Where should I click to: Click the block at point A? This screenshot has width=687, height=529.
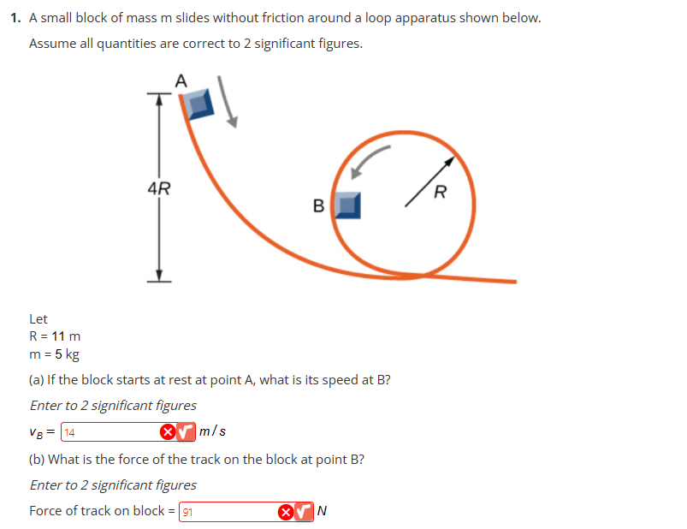tap(199, 104)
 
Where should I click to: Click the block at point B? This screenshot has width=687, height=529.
tap(346, 205)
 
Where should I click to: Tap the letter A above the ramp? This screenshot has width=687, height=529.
tap(180, 80)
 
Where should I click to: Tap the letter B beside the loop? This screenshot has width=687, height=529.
tap(319, 205)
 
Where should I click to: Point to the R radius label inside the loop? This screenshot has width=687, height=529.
tap(440, 190)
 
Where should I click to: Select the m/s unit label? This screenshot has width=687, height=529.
tap(213, 431)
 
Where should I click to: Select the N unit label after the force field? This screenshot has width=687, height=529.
tap(322, 512)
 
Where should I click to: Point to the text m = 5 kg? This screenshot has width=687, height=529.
tap(54, 354)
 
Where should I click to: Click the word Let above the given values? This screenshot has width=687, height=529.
tap(38, 318)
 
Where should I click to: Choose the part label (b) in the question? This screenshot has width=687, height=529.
tap(39, 459)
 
